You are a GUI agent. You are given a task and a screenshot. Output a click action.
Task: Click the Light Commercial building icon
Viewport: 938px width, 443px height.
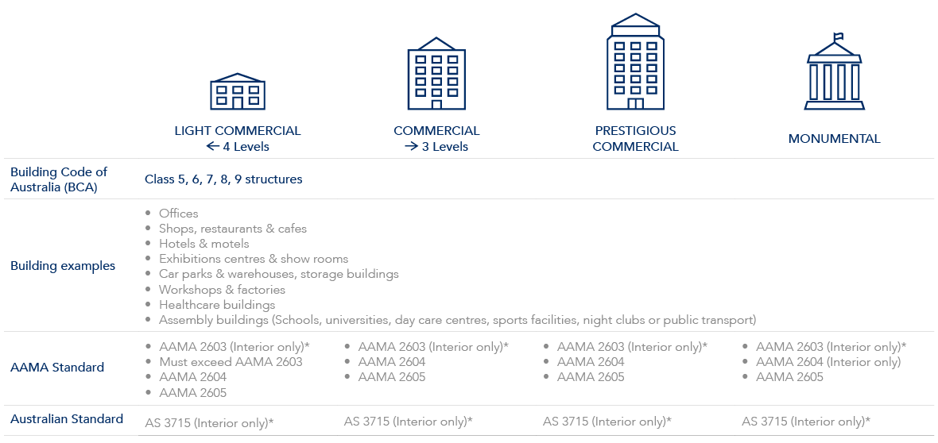pos(238,91)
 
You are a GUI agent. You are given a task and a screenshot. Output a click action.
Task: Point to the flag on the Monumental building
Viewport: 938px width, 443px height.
pos(837,37)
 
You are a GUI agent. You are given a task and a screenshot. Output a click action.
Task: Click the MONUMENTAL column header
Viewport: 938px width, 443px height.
pos(834,138)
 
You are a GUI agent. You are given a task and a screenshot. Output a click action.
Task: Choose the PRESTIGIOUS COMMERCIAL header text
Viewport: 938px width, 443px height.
pos(635,138)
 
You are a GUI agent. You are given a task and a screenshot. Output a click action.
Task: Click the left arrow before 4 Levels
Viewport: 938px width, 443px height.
pos(212,146)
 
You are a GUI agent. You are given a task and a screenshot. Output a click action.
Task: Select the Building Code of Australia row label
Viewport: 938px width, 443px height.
pos(59,179)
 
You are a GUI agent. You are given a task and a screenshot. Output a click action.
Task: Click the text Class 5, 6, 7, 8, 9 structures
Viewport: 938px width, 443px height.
pos(223,179)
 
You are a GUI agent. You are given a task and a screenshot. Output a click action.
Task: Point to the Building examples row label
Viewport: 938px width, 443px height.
pos(63,266)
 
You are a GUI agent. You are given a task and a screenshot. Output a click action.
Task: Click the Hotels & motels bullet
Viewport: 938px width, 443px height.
pos(203,244)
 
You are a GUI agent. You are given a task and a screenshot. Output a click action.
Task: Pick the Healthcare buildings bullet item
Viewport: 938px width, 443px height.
pos(217,305)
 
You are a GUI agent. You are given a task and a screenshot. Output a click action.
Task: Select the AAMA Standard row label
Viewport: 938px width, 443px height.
pos(57,368)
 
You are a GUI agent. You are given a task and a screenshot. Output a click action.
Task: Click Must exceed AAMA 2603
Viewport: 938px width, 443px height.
pos(231,362)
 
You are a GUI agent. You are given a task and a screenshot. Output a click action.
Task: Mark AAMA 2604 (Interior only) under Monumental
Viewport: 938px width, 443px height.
pos(828,362)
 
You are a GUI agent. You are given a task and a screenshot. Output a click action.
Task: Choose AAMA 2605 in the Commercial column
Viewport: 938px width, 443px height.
pos(392,377)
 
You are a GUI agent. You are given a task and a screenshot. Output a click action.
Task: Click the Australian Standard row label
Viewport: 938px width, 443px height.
pos(67,418)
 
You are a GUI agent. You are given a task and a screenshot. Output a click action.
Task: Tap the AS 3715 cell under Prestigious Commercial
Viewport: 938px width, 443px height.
pos(607,422)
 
